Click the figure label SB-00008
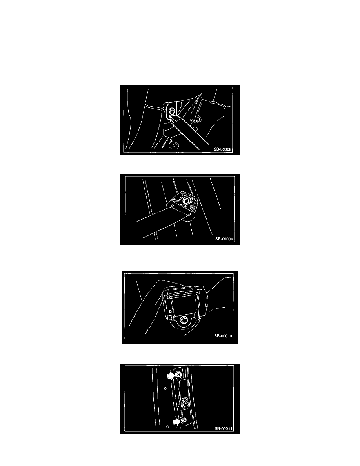point(222,149)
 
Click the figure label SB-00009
point(224,239)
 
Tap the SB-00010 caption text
point(223,336)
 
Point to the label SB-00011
point(224,429)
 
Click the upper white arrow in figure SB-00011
point(171,376)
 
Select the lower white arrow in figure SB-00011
point(176,421)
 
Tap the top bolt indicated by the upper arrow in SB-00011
point(178,375)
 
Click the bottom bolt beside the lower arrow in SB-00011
point(185,420)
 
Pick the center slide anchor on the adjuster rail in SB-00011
point(185,403)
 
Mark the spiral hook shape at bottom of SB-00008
point(174,145)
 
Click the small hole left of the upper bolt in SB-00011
point(165,388)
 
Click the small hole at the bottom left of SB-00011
point(167,427)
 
